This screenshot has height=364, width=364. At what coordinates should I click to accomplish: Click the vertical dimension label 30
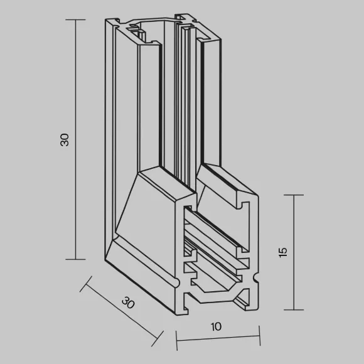[x=65, y=140]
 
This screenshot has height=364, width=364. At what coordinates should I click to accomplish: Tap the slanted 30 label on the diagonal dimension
[x=128, y=302]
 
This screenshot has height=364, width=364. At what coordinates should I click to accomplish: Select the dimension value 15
[x=283, y=252]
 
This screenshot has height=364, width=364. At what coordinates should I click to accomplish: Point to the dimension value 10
[x=216, y=326]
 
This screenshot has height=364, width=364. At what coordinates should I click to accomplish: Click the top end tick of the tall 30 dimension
[x=75, y=19]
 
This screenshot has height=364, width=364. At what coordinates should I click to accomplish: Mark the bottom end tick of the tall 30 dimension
[x=75, y=259]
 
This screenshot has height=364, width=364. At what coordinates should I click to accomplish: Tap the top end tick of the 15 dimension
[x=294, y=195]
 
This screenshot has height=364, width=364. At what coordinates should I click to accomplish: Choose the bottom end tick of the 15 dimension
[x=294, y=309]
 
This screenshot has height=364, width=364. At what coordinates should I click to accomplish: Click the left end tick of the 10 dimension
[x=176, y=341]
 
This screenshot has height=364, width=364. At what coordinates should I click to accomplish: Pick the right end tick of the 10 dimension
[x=260, y=336]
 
